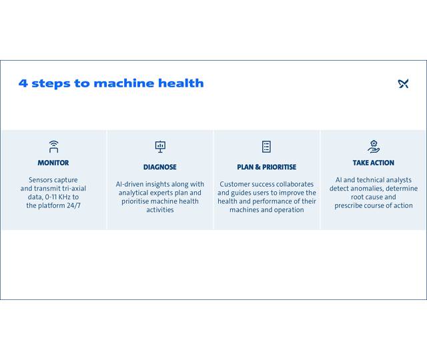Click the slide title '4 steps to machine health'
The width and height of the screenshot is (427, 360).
tap(111, 83)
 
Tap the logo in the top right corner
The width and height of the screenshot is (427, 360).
tap(403, 83)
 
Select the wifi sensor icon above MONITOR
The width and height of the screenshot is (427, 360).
tap(53, 146)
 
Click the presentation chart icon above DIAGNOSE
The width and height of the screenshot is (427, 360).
tap(160, 146)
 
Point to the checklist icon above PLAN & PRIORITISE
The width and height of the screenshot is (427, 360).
tap(267, 146)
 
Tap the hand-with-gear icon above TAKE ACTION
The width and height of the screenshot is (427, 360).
tap(374, 146)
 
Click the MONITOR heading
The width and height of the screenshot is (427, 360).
tap(53, 163)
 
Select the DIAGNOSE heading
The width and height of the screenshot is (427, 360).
tap(160, 167)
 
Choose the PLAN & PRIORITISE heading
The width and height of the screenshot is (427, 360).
tap(267, 167)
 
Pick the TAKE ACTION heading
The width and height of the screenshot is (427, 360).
tap(374, 163)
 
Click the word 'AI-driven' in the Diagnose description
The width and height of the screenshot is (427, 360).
tap(131, 184)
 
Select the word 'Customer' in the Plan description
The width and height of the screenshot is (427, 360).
tap(235, 184)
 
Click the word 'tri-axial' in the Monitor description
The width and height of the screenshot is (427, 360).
tap(71, 189)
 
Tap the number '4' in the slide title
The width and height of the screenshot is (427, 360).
tap(23, 83)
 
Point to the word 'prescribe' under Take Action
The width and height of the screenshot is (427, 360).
tap(350, 206)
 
